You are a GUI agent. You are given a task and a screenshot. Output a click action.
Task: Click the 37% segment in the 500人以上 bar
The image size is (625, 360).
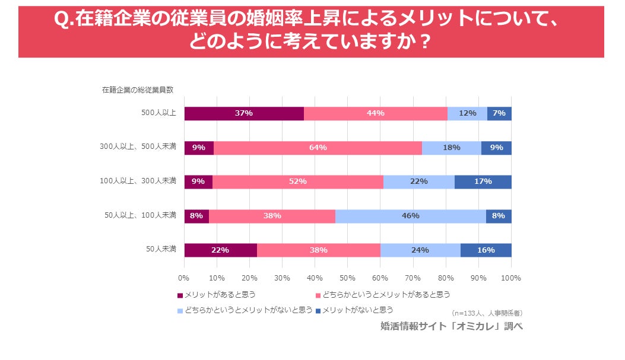(244, 113)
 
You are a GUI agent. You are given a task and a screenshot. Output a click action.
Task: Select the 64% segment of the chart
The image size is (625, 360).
(318, 148)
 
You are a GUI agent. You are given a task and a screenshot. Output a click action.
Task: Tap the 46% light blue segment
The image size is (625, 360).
(410, 216)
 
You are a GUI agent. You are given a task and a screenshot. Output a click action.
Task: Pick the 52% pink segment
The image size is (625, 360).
(297, 181)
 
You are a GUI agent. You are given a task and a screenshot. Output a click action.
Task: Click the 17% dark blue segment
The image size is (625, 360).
(483, 181)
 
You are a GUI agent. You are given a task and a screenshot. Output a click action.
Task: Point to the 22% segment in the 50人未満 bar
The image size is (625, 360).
(220, 250)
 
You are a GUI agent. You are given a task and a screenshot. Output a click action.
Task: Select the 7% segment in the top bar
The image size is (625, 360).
(499, 113)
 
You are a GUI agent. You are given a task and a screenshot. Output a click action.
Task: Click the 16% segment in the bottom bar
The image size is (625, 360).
(486, 250)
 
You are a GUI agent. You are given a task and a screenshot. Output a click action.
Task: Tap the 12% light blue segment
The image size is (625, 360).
(467, 113)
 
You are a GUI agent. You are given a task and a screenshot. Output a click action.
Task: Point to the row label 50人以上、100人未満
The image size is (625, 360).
(140, 215)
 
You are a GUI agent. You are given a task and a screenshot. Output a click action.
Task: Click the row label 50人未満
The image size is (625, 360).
(161, 249)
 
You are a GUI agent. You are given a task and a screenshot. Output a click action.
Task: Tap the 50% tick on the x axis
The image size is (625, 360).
(347, 278)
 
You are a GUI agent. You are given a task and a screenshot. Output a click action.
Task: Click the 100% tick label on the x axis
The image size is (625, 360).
(510, 278)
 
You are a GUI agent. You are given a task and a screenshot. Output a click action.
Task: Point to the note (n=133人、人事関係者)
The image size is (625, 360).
(487, 313)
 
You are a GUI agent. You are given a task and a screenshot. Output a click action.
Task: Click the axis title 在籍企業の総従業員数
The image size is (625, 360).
(138, 90)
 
